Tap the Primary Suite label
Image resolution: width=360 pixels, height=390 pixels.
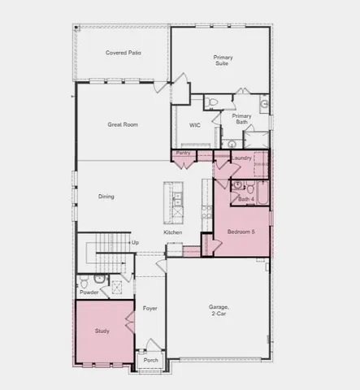(x=222, y=61)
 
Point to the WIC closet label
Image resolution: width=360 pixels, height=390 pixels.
(x=195, y=126)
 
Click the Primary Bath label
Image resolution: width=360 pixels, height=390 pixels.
(x=241, y=119)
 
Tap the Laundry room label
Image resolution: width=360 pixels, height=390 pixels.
(x=241, y=158)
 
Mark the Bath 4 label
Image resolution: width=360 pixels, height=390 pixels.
(x=245, y=199)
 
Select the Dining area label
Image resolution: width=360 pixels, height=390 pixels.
(x=106, y=197)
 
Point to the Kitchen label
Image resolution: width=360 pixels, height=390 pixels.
(x=173, y=233)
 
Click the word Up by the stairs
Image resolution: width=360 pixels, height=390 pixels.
(x=135, y=242)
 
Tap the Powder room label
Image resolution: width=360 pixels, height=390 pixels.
(x=89, y=292)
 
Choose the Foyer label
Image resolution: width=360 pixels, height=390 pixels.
(x=150, y=309)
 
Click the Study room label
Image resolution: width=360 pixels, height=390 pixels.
(x=102, y=331)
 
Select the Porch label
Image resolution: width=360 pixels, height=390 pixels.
(x=150, y=361)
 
